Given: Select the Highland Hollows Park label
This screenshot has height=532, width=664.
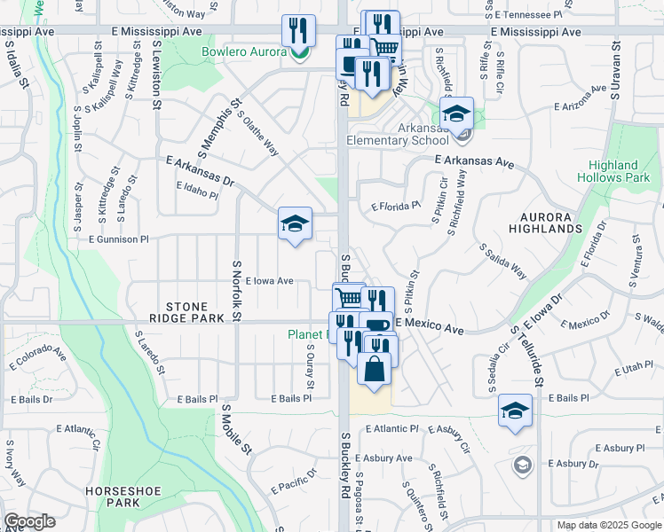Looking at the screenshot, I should coord(613,171).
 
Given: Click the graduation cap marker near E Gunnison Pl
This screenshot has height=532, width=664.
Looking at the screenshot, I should coord(295,223).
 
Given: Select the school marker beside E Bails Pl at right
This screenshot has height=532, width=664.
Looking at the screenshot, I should coord(515,411).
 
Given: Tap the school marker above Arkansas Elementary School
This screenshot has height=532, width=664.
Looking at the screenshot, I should coord(457,113).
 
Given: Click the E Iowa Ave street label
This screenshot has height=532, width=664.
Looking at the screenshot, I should coord(263,281).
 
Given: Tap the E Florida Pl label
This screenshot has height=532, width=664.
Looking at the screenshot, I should coord(395,206).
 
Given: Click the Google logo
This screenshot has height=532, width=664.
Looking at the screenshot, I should coord(29,521).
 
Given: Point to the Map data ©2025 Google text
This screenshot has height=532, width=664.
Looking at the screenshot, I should coord(608,525).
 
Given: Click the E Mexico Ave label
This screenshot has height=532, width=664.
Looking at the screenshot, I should coord(430,327).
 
